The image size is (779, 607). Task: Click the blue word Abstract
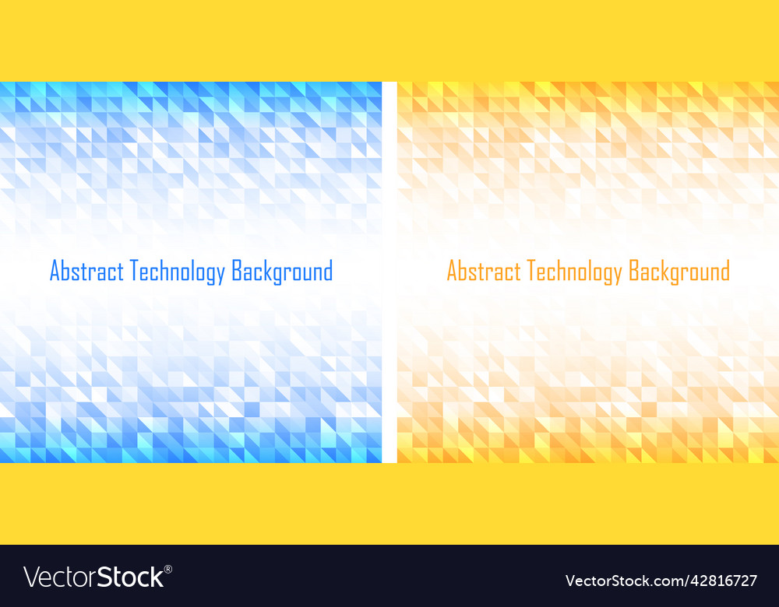click(x=86, y=272)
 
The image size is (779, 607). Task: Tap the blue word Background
click(x=282, y=272)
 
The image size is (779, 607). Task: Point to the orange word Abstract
click(x=484, y=272)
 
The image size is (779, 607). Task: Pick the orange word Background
click(x=679, y=272)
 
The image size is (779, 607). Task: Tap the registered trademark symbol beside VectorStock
click(x=168, y=570)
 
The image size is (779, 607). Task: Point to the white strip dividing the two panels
click(x=389, y=272)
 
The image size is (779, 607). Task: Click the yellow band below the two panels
click(x=389, y=503)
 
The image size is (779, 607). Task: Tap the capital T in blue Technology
click(x=134, y=272)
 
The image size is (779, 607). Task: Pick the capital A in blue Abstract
click(x=55, y=272)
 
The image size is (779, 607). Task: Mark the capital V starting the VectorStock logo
click(x=32, y=577)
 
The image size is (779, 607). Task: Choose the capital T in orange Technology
click(x=531, y=272)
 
